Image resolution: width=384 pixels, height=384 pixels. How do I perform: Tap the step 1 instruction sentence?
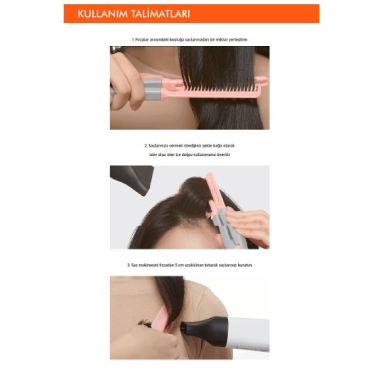[x=189, y=40]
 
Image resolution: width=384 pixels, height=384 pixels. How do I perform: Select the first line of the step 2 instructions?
[x=189, y=146]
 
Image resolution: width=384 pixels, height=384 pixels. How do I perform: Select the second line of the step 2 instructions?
[x=189, y=155]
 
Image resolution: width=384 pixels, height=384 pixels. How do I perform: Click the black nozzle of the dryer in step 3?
[x=200, y=330]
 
